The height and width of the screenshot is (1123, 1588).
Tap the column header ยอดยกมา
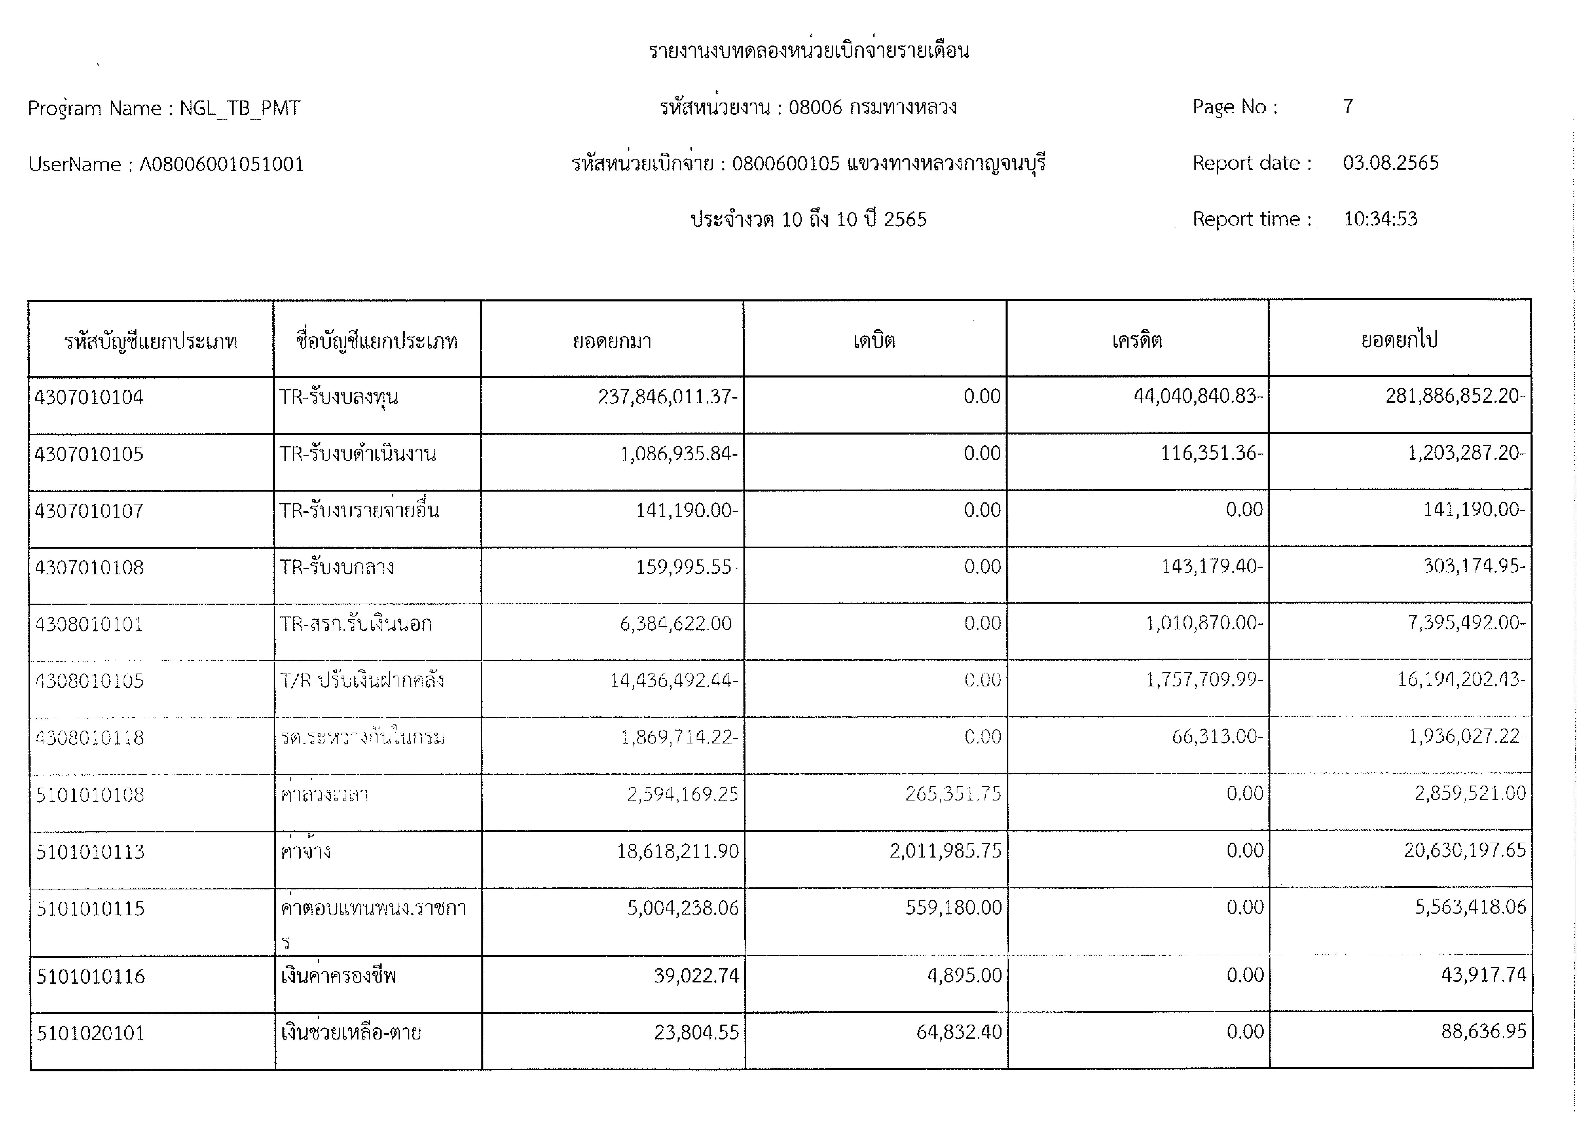click(x=612, y=341)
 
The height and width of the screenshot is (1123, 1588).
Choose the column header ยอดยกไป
click(x=1399, y=340)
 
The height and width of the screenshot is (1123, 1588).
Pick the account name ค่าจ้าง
click(x=306, y=851)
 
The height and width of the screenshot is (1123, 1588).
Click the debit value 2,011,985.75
click(x=946, y=851)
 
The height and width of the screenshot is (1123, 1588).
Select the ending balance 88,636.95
click(x=1484, y=1032)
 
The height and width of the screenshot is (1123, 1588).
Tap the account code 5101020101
click(x=91, y=1033)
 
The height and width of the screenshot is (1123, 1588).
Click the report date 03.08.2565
click(x=1390, y=163)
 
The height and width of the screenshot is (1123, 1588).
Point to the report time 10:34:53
click(x=1380, y=219)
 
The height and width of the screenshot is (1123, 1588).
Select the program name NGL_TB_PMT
click(x=240, y=109)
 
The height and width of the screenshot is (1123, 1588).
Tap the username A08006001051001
click(x=221, y=165)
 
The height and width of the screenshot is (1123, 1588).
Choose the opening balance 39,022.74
click(x=697, y=976)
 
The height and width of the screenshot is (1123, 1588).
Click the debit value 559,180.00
click(x=954, y=907)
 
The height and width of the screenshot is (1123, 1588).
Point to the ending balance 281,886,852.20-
click(x=1455, y=396)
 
